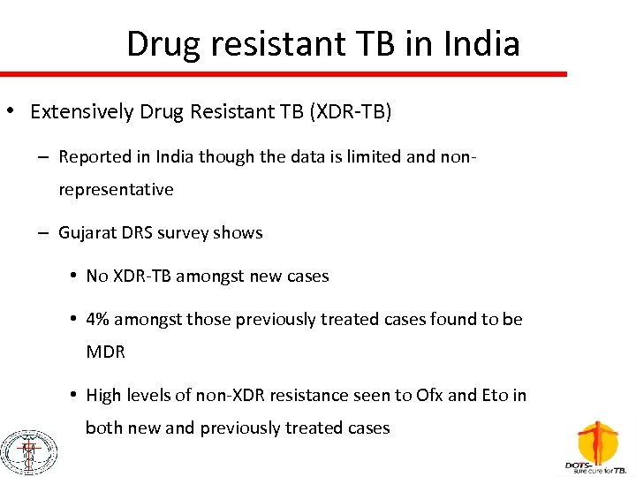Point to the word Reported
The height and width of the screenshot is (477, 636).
tap(94, 157)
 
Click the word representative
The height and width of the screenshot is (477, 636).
tap(116, 189)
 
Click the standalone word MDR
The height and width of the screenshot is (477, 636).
tap(105, 351)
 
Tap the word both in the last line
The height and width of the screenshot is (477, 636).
tap(103, 428)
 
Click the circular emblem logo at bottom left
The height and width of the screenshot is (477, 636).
tap(27, 451)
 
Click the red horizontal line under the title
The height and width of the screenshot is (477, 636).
tap(283, 74)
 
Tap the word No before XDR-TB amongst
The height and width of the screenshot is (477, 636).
tap(97, 276)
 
